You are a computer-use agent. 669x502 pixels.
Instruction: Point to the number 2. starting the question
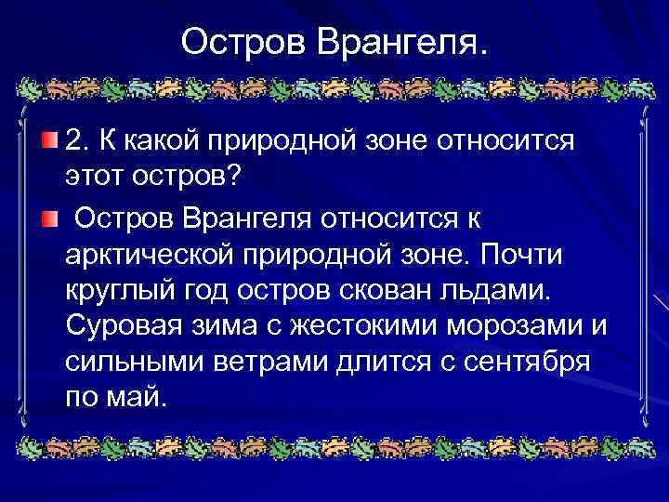click(x=79, y=142)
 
